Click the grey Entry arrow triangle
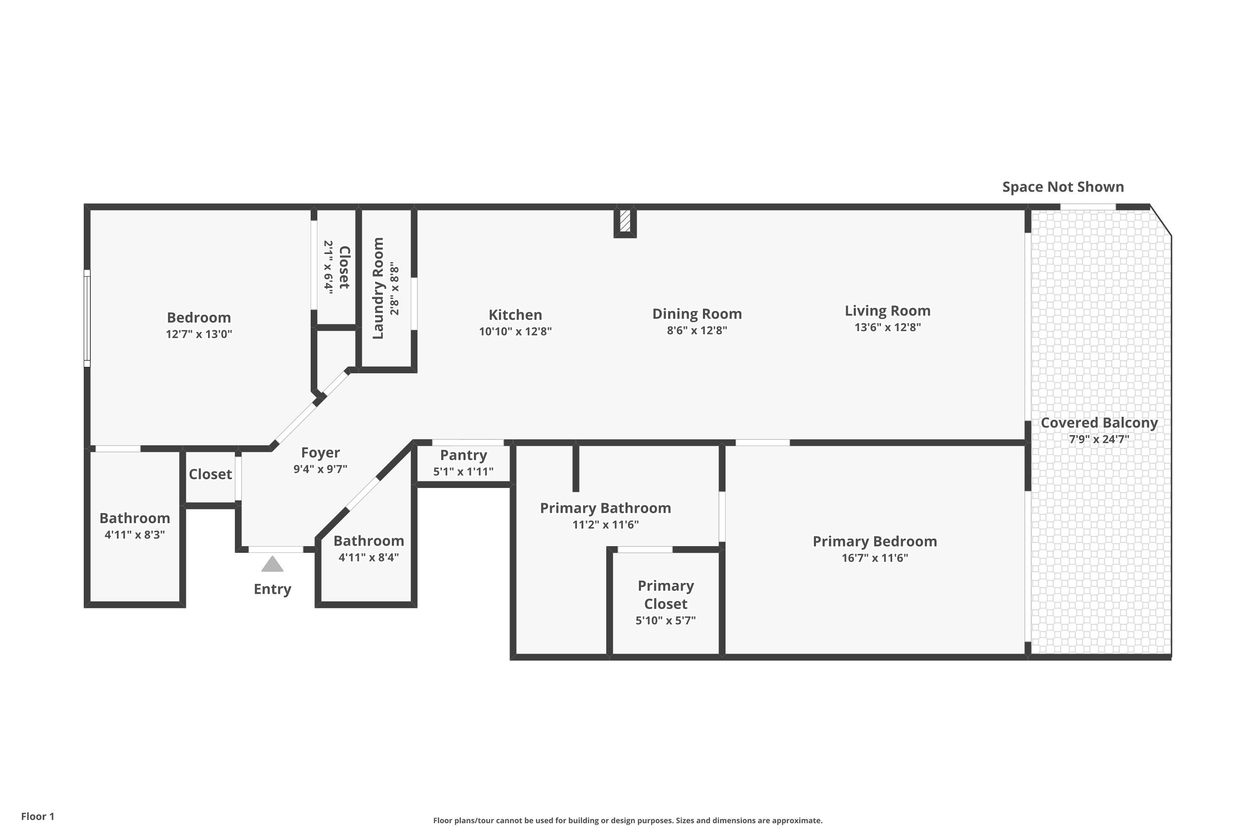tap(273, 564)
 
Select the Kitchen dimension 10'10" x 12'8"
tap(515, 331)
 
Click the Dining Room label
tap(697, 314)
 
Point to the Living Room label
tap(888, 311)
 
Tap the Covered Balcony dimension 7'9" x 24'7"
tap(1099, 439)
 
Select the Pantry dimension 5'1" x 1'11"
tap(463, 471)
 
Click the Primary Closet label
tap(666, 595)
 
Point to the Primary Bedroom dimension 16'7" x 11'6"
tap(875, 558)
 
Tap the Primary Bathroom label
tap(605, 508)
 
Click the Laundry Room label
tap(378, 288)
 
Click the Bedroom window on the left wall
tap(87, 318)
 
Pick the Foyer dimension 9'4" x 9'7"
tap(320, 469)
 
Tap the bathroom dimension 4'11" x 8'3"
tap(134, 535)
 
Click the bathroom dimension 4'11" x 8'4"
tap(368, 558)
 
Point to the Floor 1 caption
tap(38, 816)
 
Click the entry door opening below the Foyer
tap(276, 549)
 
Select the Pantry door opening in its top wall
tap(468, 442)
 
